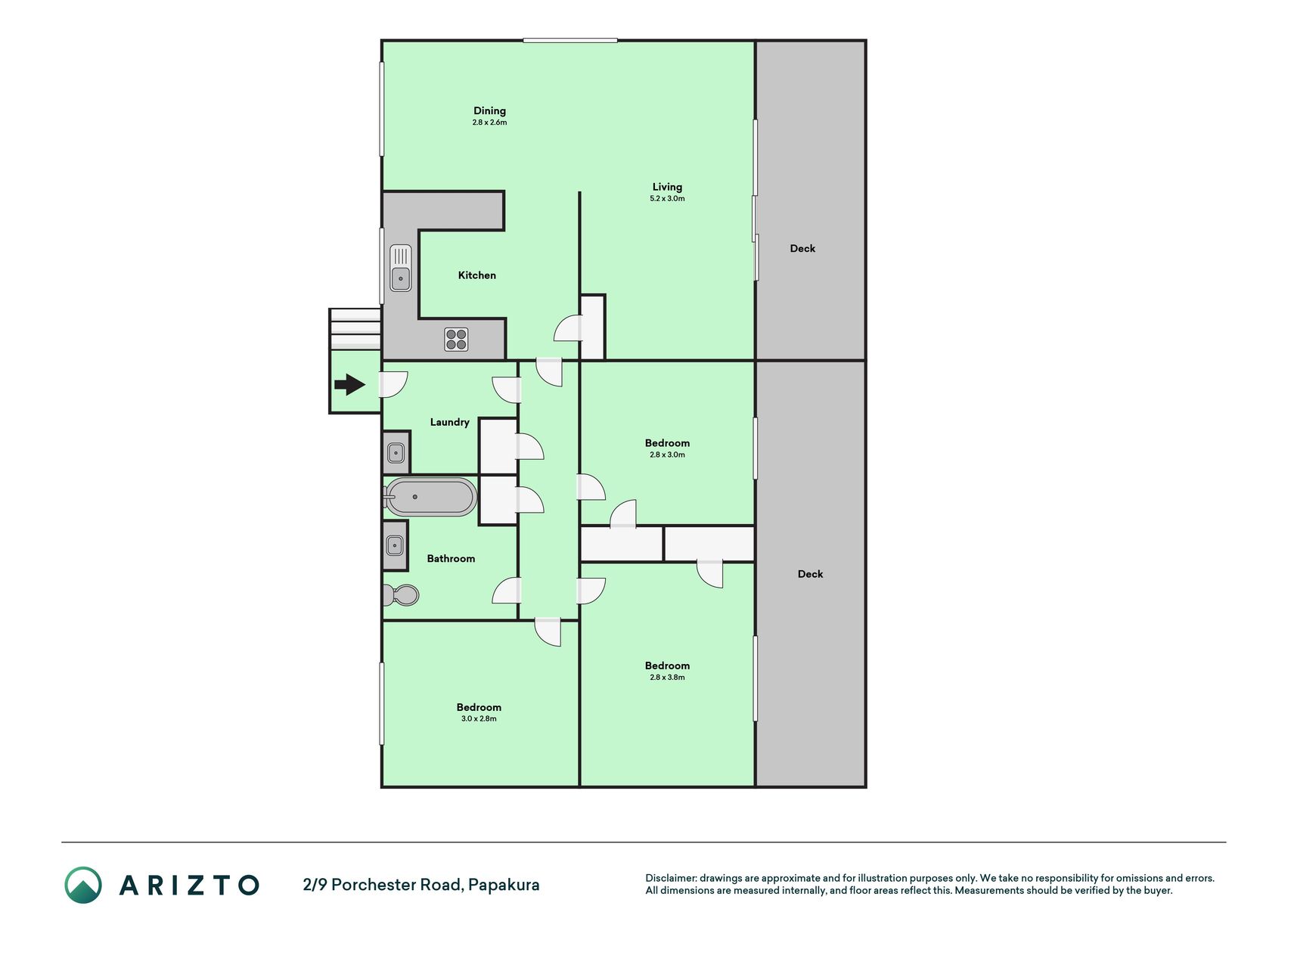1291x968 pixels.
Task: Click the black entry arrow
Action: point(349,385)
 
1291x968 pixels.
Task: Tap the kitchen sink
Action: point(400,268)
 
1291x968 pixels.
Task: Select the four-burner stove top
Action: point(456,339)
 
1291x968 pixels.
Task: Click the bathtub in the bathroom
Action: point(430,497)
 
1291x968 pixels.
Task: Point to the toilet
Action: point(400,595)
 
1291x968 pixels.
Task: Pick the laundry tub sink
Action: point(396,454)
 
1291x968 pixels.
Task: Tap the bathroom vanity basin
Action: point(395,544)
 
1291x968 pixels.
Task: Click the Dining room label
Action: point(489,111)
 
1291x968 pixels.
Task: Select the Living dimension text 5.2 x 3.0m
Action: point(667,199)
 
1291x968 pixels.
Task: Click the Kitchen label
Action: point(477,275)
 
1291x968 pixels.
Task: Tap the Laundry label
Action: point(449,422)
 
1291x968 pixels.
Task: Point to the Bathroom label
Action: point(451,559)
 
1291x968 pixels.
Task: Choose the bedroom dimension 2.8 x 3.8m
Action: point(667,678)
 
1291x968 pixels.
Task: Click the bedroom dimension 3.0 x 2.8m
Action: point(479,719)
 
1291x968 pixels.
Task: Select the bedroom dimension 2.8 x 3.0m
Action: point(667,455)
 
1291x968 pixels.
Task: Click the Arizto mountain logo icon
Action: point(83,885)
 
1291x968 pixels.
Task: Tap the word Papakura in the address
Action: point(504,885)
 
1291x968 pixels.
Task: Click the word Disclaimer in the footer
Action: point(670,878)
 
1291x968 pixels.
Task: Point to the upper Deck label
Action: point(802,248)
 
